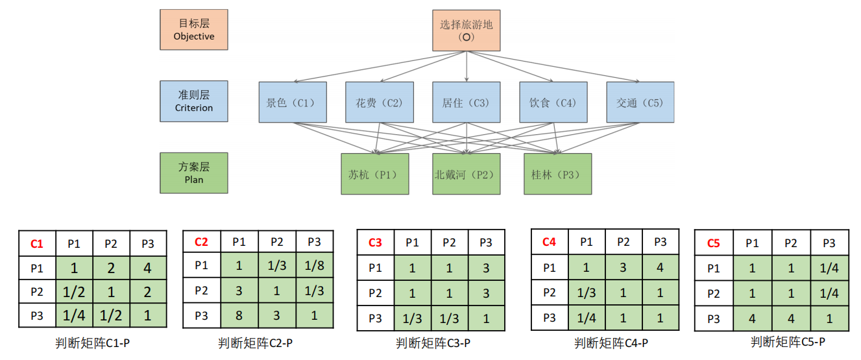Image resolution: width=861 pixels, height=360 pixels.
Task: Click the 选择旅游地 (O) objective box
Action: (467, 30)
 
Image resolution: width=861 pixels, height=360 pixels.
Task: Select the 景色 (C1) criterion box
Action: (292, 102)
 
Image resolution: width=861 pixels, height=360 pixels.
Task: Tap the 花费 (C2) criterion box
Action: (380, 102)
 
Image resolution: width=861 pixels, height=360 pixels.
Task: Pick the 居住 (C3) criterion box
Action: (467, 102)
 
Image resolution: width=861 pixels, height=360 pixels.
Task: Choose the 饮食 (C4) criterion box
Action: (553, 102)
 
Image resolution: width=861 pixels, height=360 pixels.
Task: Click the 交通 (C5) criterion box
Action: (640, 102)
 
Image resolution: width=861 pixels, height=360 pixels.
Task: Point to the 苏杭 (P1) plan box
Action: (375, 174)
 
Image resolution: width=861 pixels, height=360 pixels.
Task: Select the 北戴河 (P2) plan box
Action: (467, 174)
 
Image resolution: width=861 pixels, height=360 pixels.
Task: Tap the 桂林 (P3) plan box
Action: (557, 174)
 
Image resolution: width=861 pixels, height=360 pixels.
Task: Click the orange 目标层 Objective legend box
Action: (194, 30)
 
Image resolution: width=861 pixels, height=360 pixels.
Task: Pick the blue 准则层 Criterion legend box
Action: (194, 101)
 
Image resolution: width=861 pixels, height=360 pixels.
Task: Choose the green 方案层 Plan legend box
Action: (194, 173)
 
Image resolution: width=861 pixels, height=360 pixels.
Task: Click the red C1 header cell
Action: (37, 244)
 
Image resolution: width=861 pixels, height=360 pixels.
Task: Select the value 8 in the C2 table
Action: (239, 315)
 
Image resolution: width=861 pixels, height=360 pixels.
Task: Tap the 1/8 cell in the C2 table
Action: (315, 265)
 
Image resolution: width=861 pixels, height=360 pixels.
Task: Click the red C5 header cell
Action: (714, 243)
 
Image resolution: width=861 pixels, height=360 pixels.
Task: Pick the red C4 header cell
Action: (550, 242)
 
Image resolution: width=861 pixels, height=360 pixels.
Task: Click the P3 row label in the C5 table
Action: (714, 319)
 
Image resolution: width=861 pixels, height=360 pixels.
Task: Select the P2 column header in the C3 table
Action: (449, 243)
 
